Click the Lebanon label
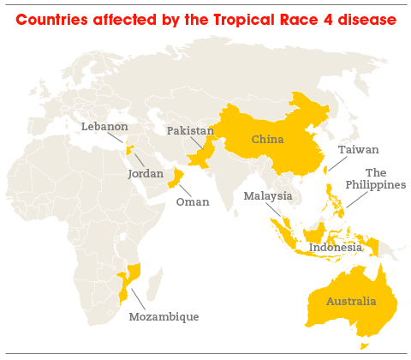pyautogui.click(x=104, y=126)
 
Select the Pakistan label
pyautogui.click(x=190, y=130)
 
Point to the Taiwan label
pyautogui.click(x=358, y=149)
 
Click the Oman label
pyautogui.click(x=192, y=202)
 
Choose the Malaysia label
pyautogui.click(x=267, y=196)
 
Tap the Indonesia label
pyautogui.click(x=336, y=248)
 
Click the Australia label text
pyautogui.click(x=350, y=301)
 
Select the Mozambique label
pyautogui.click(x=164, y=316)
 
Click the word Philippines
pyautogui.click(x=375, y=185)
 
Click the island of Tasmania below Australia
pyautogui.click(x=364, y=345)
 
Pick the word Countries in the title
pyautogui.click(x=51, y=19)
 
